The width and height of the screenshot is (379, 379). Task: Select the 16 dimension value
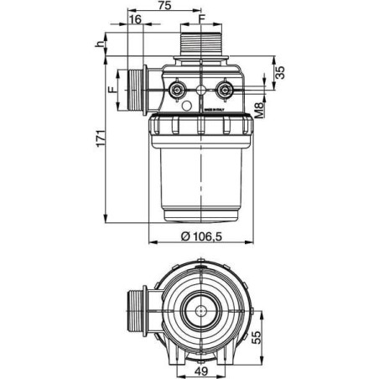pos(136,18)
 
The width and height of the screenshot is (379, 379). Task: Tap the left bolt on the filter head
pos(177,89)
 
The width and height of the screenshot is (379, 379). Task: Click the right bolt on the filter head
pos(224,89)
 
